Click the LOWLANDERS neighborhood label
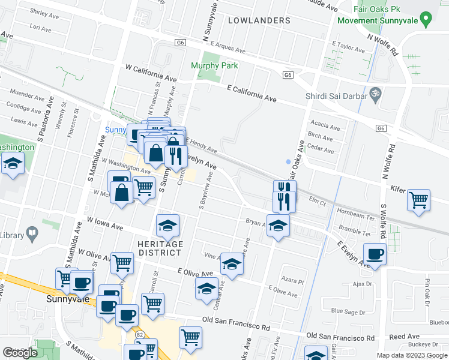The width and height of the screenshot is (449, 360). (259, 20)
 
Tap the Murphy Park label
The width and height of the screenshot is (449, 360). (214, 66)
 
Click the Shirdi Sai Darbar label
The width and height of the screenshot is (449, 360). (336, 94)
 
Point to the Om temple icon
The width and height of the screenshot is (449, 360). (376, 94)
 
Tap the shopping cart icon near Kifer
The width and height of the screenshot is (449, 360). (418, 199)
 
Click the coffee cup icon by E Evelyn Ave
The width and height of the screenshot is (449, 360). (375, 254)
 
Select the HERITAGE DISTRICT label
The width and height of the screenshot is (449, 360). (160, 248)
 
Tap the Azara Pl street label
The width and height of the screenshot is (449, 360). (294, 281)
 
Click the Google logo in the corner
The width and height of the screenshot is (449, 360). (20, 353)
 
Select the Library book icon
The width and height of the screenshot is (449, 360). (32, 232)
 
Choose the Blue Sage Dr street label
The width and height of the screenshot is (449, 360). (348, 312)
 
